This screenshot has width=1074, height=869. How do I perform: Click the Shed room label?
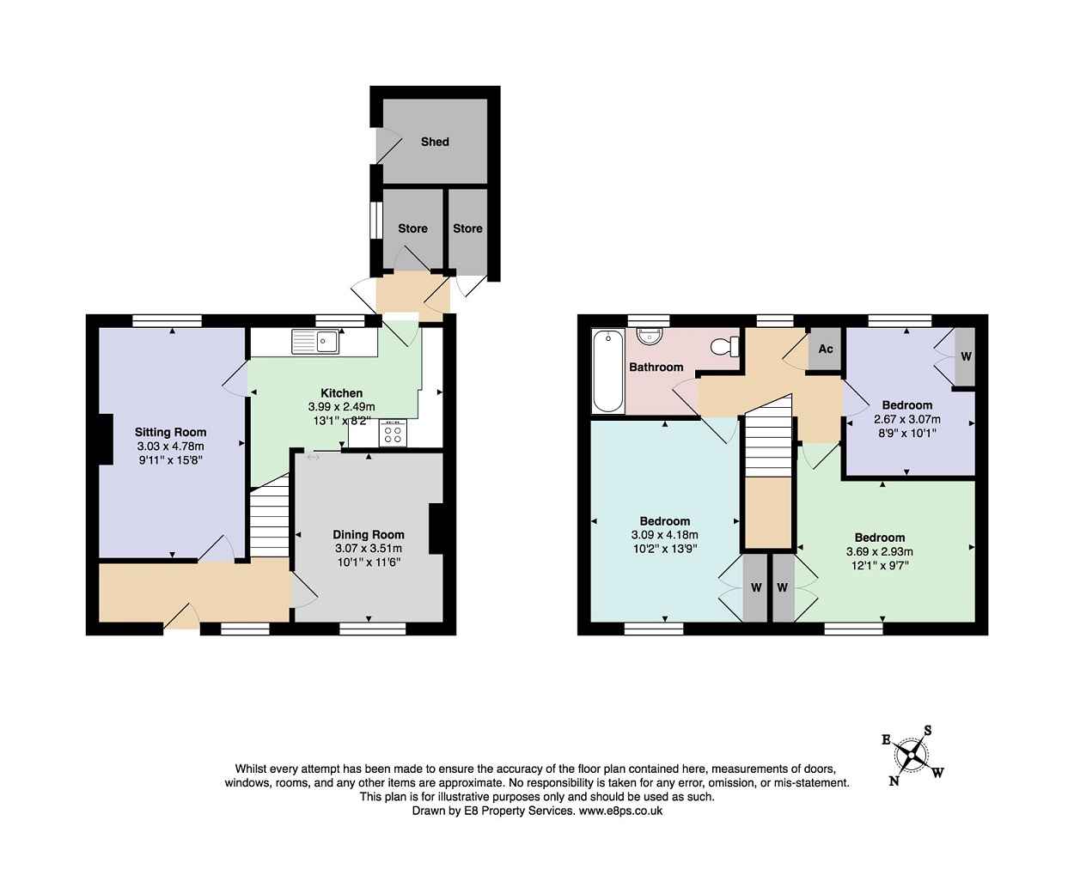435,142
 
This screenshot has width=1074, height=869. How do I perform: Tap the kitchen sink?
315,342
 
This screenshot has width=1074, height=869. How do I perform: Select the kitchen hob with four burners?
393,434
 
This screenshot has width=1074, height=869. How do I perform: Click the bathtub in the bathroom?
608,371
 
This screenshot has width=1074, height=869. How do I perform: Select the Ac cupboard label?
826,349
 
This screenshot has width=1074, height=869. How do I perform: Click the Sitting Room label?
170,432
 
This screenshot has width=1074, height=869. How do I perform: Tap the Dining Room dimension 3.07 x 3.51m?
368,548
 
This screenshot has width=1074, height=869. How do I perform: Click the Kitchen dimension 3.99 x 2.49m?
341,407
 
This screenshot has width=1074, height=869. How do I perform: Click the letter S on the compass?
928,731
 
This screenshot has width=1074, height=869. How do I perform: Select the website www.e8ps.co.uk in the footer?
620,811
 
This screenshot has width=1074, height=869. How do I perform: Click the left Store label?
412,228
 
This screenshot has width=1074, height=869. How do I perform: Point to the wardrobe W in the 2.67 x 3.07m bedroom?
966,356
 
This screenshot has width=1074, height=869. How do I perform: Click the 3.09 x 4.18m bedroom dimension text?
664,535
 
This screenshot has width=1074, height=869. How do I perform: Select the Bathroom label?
656,367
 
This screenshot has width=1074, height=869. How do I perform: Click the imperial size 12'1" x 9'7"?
879,565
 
